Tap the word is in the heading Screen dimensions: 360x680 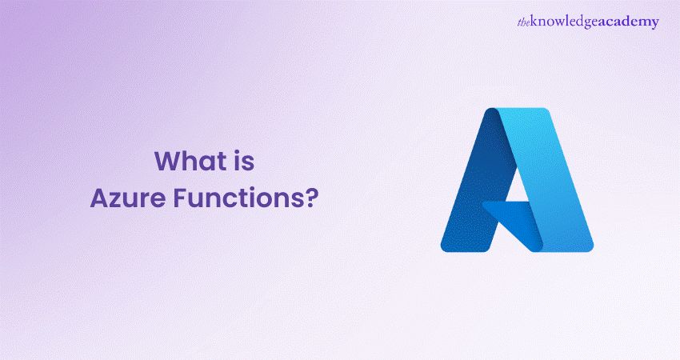pyautogui.click(x=245, y=162)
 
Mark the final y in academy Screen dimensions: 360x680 pyautogui.click(x=655, y=23)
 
